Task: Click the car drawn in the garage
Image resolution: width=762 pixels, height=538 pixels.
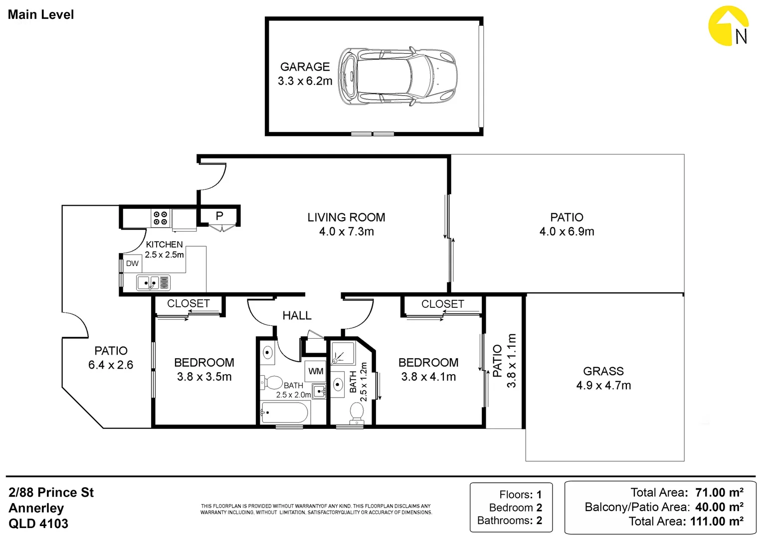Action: tap(397, 76)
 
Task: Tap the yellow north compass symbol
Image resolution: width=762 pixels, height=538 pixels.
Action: tap(728, 26)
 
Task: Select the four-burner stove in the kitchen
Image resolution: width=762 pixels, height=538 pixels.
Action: tap(161, 218)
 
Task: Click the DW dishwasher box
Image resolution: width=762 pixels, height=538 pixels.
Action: tap(132, 264)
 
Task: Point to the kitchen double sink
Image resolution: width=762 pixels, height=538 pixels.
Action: tap(153, 283)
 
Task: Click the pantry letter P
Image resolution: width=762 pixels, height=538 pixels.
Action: tap(219, 216)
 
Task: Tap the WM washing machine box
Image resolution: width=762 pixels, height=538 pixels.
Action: tap(316, 371)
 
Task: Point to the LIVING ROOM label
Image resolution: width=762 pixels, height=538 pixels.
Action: tap(346, 218)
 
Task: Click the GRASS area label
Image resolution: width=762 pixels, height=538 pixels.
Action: tap(603, 371)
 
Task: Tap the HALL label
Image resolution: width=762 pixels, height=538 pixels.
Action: tap(297, 316)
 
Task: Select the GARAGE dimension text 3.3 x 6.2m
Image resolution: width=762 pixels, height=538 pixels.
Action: tap(305, 81)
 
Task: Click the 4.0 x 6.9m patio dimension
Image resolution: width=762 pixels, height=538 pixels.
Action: tap(567, 232)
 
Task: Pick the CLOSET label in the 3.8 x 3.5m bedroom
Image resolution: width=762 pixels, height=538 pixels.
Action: tap(189, 303)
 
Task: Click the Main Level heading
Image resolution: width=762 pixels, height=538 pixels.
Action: tap(41, 14)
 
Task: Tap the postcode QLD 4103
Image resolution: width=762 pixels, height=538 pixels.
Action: tap(38, 524)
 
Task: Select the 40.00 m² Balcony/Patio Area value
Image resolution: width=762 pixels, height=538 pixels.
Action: tap(719, 507)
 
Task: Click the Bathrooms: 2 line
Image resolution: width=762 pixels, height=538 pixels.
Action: tap(510, 521)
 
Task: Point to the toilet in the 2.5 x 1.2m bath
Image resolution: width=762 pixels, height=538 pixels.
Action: tap(357, 412)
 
